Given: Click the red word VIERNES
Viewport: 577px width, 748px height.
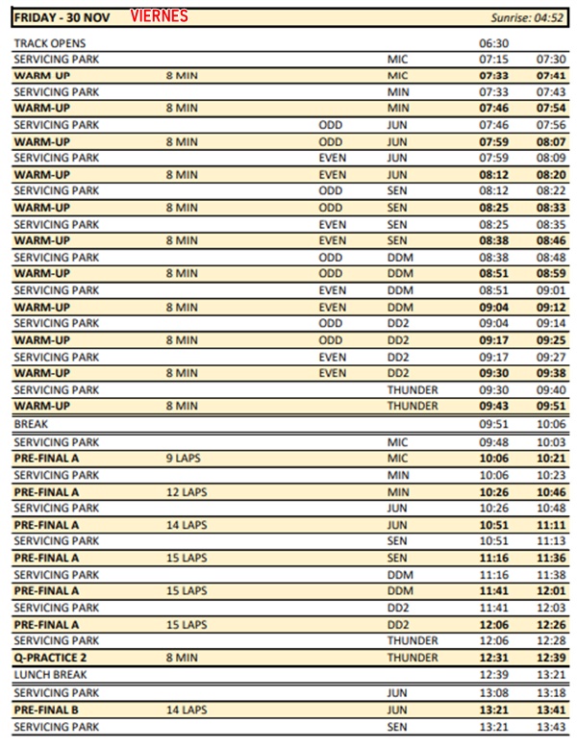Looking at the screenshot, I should tap(160, 16).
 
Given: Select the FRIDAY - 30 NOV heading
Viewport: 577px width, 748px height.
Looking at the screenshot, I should tap(62, 17).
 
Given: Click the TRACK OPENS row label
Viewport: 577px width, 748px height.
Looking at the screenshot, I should tap(50, 43).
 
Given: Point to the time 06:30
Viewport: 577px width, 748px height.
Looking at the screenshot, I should tap(493, 43).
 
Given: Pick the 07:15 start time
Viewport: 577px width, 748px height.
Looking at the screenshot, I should tap(493, 60).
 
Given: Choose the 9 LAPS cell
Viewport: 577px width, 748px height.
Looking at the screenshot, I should tap(183, 459).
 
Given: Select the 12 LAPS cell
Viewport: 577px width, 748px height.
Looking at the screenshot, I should tap(186, 491).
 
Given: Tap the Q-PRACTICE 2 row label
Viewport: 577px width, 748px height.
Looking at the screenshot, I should tap(53, 657).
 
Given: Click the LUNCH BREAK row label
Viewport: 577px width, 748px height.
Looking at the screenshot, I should tap(47, 674).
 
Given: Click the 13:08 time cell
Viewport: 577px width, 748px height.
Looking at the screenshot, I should tap(493, 692).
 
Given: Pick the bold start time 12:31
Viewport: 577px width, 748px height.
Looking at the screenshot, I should tap(493, 657).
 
